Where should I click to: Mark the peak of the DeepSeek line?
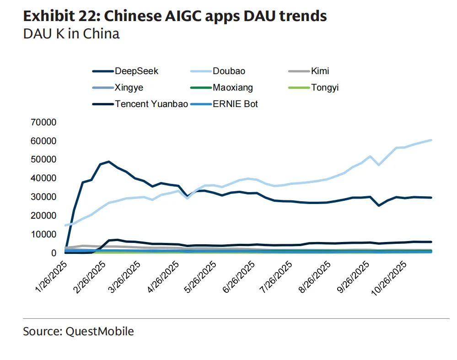(x=108, y=161)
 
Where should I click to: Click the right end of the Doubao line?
(x=431, y=140)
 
